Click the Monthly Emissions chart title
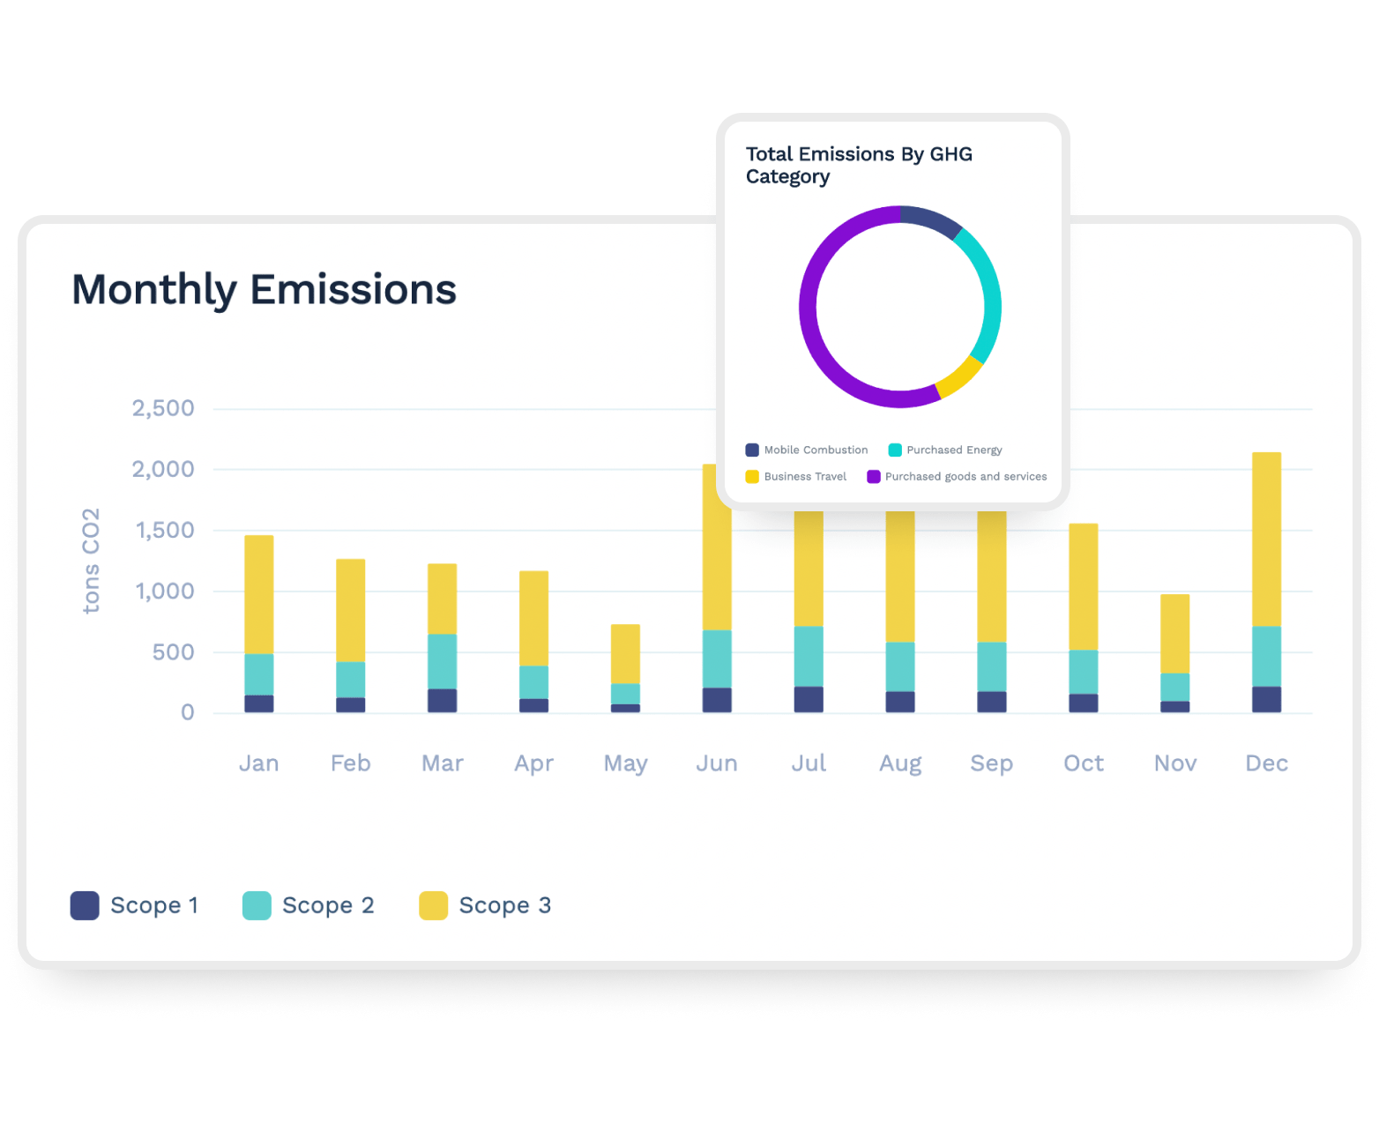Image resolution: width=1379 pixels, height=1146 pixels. point(264,290)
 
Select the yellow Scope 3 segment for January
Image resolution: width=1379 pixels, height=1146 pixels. point(258,593)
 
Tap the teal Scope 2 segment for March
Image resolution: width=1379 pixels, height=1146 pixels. point(442,661)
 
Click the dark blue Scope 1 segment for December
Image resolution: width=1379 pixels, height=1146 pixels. point(1266,699)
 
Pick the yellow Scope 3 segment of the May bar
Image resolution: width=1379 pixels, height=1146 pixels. point(625,653)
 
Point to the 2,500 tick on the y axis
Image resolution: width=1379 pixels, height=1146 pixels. point(163,409)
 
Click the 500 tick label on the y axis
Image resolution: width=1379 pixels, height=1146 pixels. point(173,652)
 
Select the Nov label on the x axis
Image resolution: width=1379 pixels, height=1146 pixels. point(1174,763)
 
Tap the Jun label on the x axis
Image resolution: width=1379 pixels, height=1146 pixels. point(716,763)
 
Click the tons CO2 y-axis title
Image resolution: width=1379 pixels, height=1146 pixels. point(91,561)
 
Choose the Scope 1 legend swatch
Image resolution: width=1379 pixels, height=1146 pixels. point(85,905)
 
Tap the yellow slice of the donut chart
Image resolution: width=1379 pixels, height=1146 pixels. point(958,376)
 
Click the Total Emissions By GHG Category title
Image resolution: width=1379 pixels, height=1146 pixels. point(859,165)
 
